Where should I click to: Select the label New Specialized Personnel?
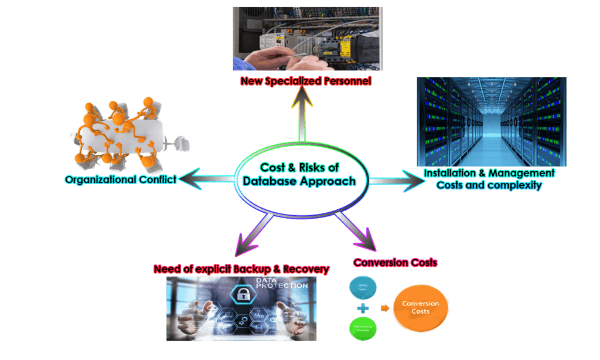[x=305, y=81]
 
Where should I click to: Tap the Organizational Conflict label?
[x=120, y=179]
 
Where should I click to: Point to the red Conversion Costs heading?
[x=394, y=262]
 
